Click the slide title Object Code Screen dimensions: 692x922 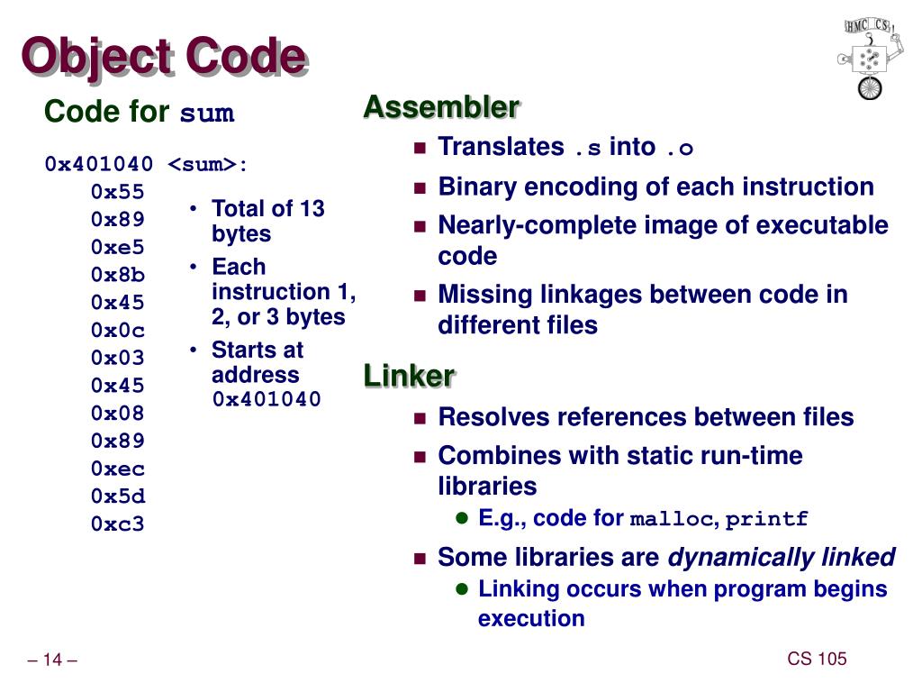164,58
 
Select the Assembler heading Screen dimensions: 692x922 441,107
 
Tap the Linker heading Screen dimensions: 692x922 409,375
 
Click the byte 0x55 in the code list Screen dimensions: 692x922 117,192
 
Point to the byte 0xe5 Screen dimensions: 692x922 117,247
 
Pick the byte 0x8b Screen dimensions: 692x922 117,275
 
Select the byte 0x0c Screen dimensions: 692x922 117,330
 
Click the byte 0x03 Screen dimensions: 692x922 117,358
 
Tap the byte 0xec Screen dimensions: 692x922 117,469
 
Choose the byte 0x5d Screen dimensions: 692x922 117,496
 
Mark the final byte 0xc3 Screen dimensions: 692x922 117,524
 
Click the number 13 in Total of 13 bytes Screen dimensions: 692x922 312,209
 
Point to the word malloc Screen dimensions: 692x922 671,519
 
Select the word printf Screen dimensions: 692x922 767,519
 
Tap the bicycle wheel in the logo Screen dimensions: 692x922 870,87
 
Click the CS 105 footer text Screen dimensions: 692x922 817,659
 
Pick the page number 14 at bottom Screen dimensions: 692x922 52,661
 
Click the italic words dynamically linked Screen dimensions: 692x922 781,558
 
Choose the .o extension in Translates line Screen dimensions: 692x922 679,148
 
